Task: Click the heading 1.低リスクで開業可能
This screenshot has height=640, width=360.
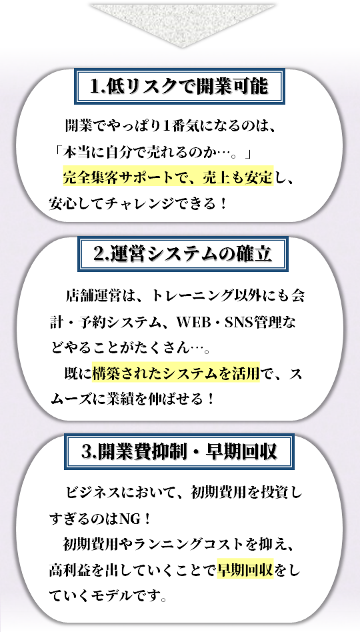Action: pyautogui.click(x=179, y=87)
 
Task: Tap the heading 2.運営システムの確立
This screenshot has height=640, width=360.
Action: pyautogui.click(x=183, y=254)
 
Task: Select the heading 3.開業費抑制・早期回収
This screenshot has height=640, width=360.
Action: pyautogui.click(x=179, y=452)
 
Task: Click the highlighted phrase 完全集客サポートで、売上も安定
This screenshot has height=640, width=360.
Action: pyautogui.click(x=168, y=177)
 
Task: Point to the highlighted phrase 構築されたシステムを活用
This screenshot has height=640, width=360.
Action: pyautogui.click(x=176, y=373)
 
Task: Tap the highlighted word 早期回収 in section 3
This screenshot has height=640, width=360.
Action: pyautogui.click(x=245, y=569)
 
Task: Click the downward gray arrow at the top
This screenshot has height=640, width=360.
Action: pyautogui.click(x=183, y=25)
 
